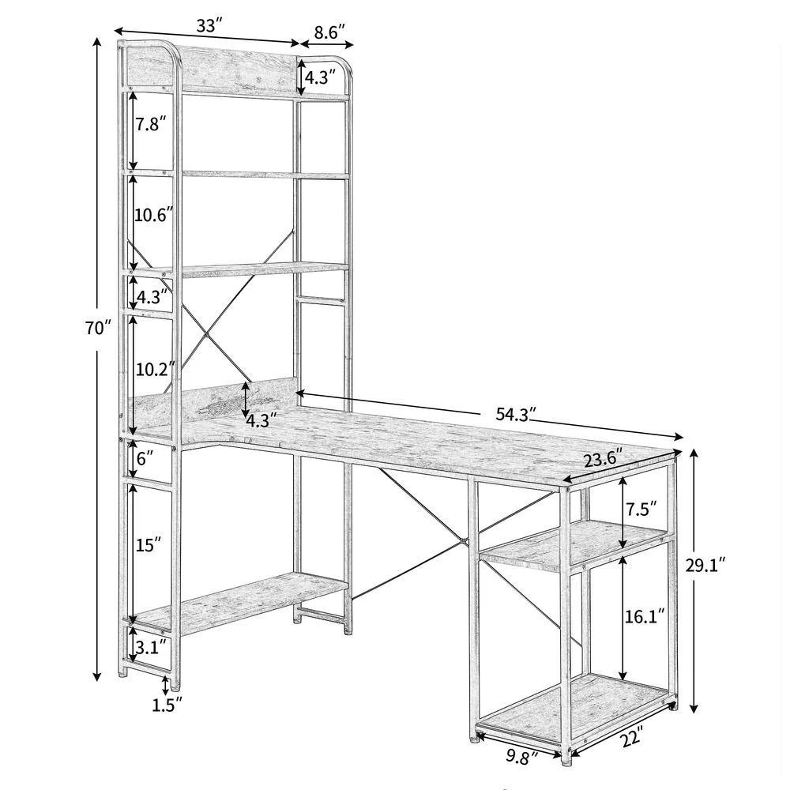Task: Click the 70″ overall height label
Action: coord(97,329)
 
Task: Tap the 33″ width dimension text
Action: coord(209,26)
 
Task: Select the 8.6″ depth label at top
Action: coord(329,32)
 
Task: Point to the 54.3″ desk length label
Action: coord(515,415)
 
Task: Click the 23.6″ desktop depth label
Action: coord(603,460)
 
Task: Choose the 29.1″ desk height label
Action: coord(705,566)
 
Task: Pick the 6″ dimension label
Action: coord(145,458)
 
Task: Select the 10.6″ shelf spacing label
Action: coord(154,215)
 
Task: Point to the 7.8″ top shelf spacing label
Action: coord(150,124)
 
